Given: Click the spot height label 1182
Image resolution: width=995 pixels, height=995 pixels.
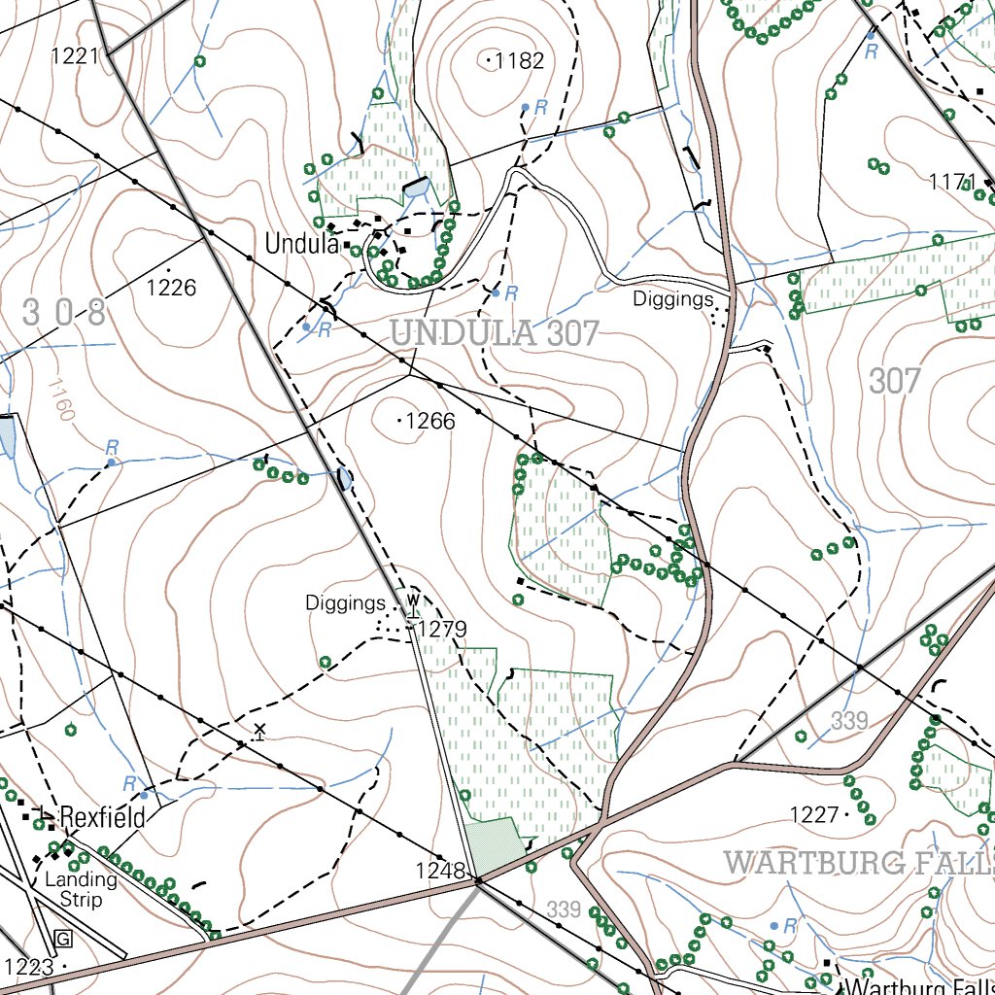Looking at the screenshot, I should (519, 61).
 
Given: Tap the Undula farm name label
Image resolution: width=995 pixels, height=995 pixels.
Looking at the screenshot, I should (300, 243).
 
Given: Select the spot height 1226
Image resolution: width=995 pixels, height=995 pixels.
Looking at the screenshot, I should (171, 287).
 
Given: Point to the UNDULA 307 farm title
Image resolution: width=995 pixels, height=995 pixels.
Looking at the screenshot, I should (495, 333).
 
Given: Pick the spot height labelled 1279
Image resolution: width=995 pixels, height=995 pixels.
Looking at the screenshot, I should (442, 630).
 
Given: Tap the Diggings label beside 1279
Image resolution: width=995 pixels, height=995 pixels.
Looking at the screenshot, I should (345, 602).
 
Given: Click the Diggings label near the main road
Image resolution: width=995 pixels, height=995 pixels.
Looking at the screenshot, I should (673, 298).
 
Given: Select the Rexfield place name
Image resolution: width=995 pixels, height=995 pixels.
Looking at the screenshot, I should (102, 817).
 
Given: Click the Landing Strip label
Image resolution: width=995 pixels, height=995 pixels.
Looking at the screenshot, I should (81, 889).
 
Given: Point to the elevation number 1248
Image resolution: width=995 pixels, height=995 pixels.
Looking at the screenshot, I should (440, 870).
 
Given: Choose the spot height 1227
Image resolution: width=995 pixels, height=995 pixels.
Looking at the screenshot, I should (814, 814).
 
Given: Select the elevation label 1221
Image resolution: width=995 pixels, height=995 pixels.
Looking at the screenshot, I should (76, 55).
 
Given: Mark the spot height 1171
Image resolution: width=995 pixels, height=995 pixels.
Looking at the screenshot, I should (952, 182).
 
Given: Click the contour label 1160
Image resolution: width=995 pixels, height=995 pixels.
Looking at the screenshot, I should (58, 399).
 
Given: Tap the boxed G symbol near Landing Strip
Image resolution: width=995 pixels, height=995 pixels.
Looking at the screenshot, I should (64, 939).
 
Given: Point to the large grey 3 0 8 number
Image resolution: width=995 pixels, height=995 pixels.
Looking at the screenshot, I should (64, 313).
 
